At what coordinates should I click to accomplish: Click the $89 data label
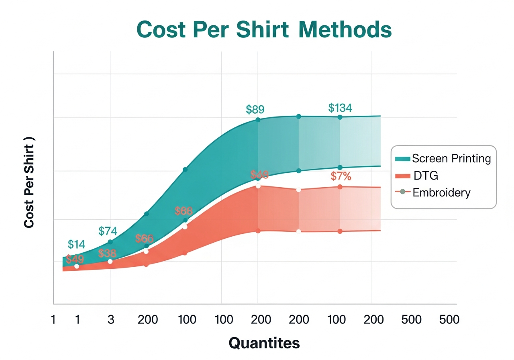coord(255,109)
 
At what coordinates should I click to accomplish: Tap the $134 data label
coord(340,108)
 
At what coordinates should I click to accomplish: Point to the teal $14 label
coord(76,244)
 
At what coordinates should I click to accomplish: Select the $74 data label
coord(108,231)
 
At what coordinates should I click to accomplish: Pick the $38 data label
coord(107,254)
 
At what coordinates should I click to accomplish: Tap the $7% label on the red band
coord(341,176)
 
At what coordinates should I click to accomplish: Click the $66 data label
coord(144,238)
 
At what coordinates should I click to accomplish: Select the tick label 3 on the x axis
coord(111,320)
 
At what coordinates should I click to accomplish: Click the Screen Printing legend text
coord(451,158)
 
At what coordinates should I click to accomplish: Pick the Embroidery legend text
coord(441,192)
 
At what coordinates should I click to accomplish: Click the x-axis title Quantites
coord(264,343)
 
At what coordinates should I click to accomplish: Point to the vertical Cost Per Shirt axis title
coord(29,182)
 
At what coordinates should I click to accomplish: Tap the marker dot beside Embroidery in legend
coord(403,192)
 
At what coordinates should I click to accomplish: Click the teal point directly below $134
coord(340,117)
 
